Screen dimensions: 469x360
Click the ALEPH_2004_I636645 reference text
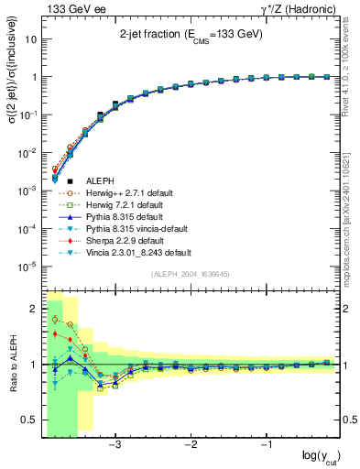191,273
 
